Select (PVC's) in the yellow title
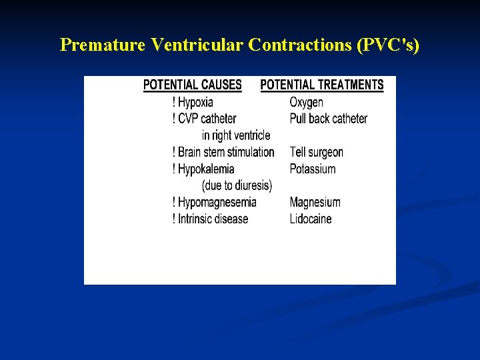tap(389, 45)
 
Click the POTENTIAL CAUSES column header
tap(193, 85)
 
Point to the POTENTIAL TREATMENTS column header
tap(322, 85)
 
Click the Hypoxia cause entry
tap(195, 102)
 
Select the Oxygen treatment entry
tap(306, 102)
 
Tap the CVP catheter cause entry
tap(207, 119)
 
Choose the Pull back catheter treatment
tap(328, 119)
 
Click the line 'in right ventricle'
tap(236, 135)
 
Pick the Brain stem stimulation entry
tap(226, 152)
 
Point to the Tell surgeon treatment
tap(316, 152)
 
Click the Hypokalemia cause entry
tap(206, 169)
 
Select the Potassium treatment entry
tap(312, 169)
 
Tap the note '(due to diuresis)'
tap(237, 185)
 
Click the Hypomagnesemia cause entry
tap(217, 202)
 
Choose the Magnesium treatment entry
tap(315, 202)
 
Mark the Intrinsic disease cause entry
tap(213, 219)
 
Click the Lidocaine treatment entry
tap(310, 219)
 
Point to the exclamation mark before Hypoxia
tap(174, 102)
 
